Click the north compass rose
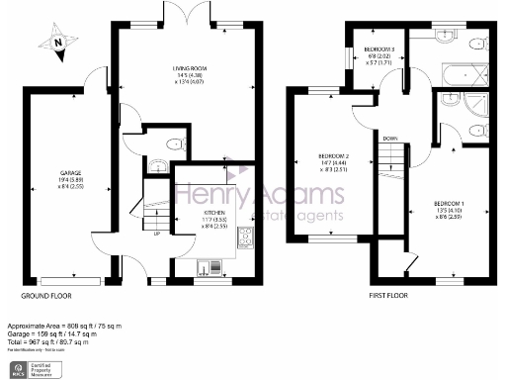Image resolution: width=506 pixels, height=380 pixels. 57,42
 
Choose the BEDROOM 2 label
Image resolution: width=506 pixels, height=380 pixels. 333,155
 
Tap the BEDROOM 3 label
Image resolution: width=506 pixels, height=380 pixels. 380,49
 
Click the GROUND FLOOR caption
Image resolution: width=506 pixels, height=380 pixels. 45,295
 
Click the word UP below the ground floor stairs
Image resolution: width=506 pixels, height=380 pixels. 157,235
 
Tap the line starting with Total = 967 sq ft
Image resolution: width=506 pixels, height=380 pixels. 58,341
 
